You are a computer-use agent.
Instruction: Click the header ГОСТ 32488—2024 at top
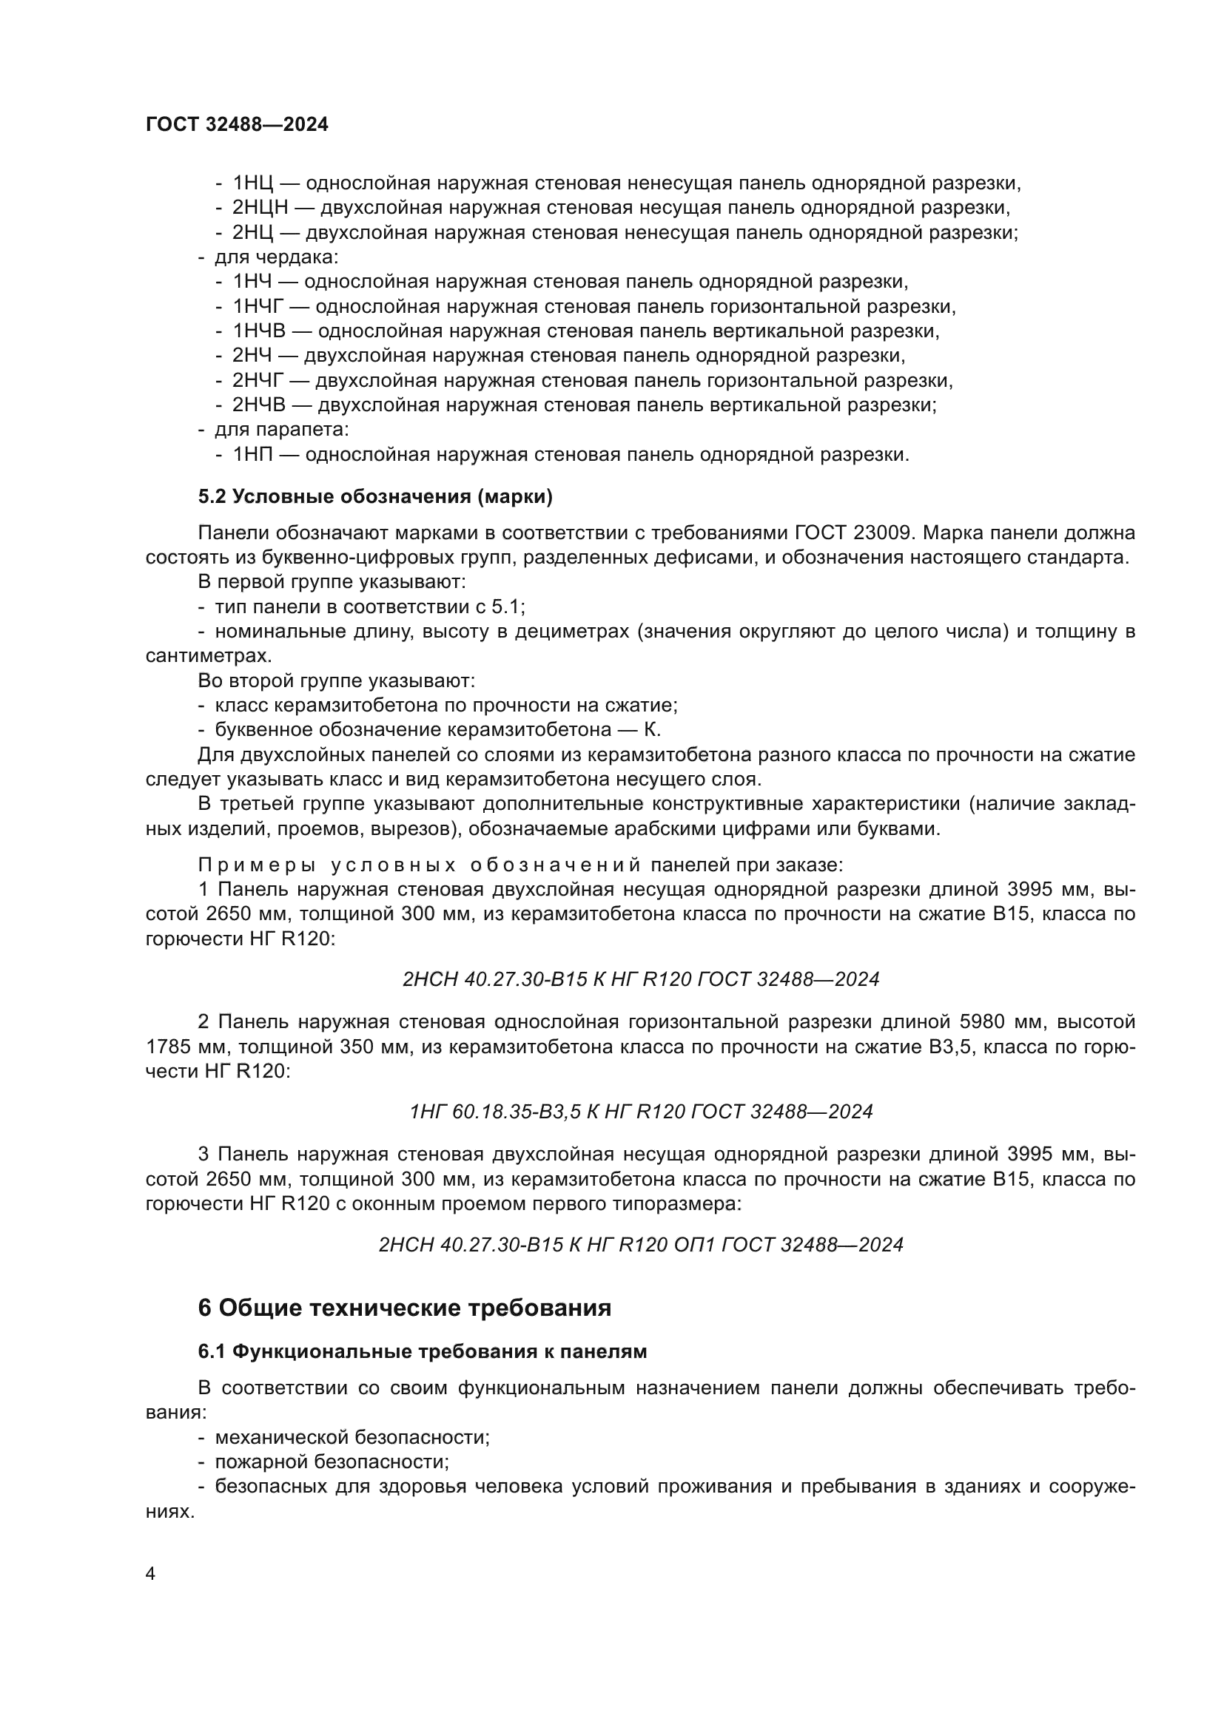pos(237,125)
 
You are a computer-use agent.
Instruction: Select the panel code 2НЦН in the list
pos(260,208)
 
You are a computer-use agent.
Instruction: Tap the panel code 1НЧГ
pos(260,307)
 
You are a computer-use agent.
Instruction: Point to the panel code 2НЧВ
pos(259,405)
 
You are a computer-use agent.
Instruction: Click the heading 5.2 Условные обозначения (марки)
pos(375,496)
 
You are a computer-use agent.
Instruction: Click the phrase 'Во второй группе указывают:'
pos(336,681)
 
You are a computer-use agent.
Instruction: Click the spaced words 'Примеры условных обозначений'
pos(419,864)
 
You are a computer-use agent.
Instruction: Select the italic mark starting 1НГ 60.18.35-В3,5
pos(641,1112)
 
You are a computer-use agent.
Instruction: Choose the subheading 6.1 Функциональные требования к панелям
pos(422,1352)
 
